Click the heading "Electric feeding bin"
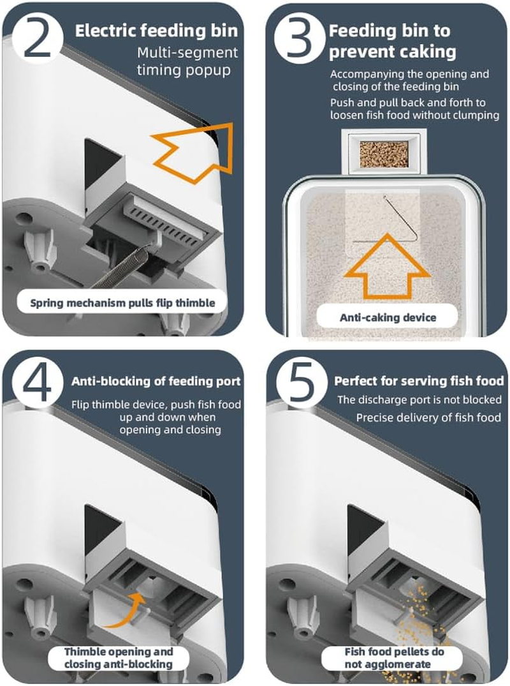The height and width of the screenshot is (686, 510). click(x=156, y=31)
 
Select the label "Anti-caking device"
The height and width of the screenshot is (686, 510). click(x=388, y=317)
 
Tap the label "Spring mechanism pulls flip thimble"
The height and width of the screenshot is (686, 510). click(x=122, y=302)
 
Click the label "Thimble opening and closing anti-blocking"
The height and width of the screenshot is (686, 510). click(x=119, y=657)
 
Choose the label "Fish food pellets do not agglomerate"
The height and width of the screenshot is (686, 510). click(x=394, y=657)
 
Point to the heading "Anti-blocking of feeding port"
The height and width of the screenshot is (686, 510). click(x=156, y=381)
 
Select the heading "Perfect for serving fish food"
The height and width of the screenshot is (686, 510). click(x=419, y=381)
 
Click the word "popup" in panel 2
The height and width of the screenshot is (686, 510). click(x=208, y=70)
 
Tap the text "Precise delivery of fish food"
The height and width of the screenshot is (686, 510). click(x=428, y=418)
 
